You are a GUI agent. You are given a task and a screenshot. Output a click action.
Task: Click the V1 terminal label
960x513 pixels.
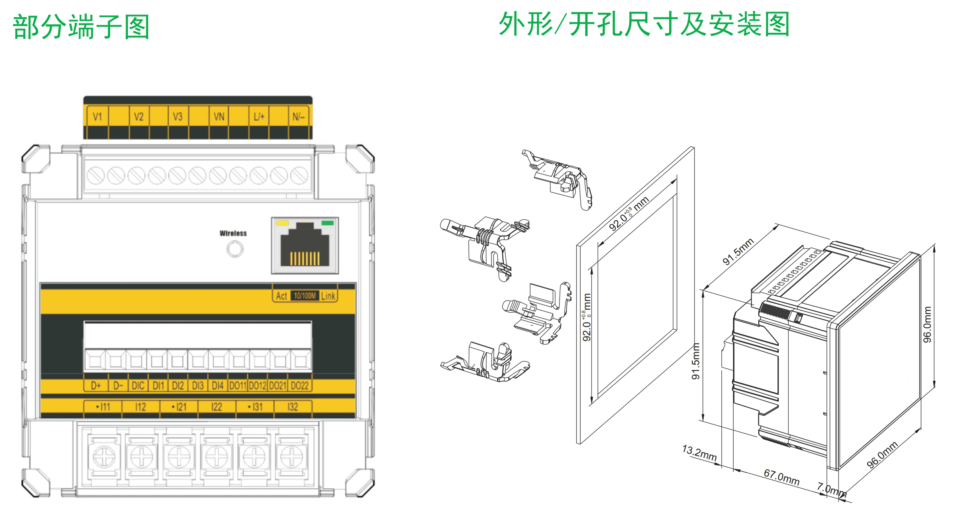click(x=97, y=117)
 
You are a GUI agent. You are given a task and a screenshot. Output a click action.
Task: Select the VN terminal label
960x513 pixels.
click(x=219, y=117)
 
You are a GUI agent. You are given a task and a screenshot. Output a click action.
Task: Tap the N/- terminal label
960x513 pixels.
click(x=298, y=117)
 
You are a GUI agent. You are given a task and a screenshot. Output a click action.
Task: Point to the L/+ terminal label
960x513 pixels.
click(x=259, y=117)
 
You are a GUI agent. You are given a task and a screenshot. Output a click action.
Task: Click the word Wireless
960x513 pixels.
click(x=233, y=233)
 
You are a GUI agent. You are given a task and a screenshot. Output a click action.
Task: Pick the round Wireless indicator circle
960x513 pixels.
click(x=235, y=250)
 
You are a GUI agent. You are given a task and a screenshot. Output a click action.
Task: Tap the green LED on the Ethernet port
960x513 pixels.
click(x=328, y=223)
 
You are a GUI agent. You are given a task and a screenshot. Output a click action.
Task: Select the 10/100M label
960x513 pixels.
click(x=305, y=296)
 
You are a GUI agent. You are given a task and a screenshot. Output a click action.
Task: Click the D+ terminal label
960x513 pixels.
click(x=96, y=385)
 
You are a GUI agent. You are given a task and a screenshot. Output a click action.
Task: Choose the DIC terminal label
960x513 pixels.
click(x=138, y=385)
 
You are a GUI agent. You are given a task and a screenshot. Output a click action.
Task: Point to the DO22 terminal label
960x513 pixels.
click(x=299, y=385)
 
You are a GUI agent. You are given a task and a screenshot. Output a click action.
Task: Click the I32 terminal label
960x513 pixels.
click(x=293, y=407)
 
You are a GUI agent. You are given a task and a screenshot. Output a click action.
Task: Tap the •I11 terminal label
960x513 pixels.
click(x=103, y=407)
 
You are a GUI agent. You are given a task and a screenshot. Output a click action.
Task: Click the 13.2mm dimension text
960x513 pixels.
click(x=699, y=453)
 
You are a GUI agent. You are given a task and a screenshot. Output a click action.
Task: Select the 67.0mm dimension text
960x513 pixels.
click(x=781, y=477)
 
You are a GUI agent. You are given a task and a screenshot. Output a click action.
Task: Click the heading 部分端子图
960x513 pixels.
click(x=81, y=27)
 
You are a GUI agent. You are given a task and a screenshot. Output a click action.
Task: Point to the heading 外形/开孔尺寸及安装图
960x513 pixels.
click(x=644, y=24)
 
